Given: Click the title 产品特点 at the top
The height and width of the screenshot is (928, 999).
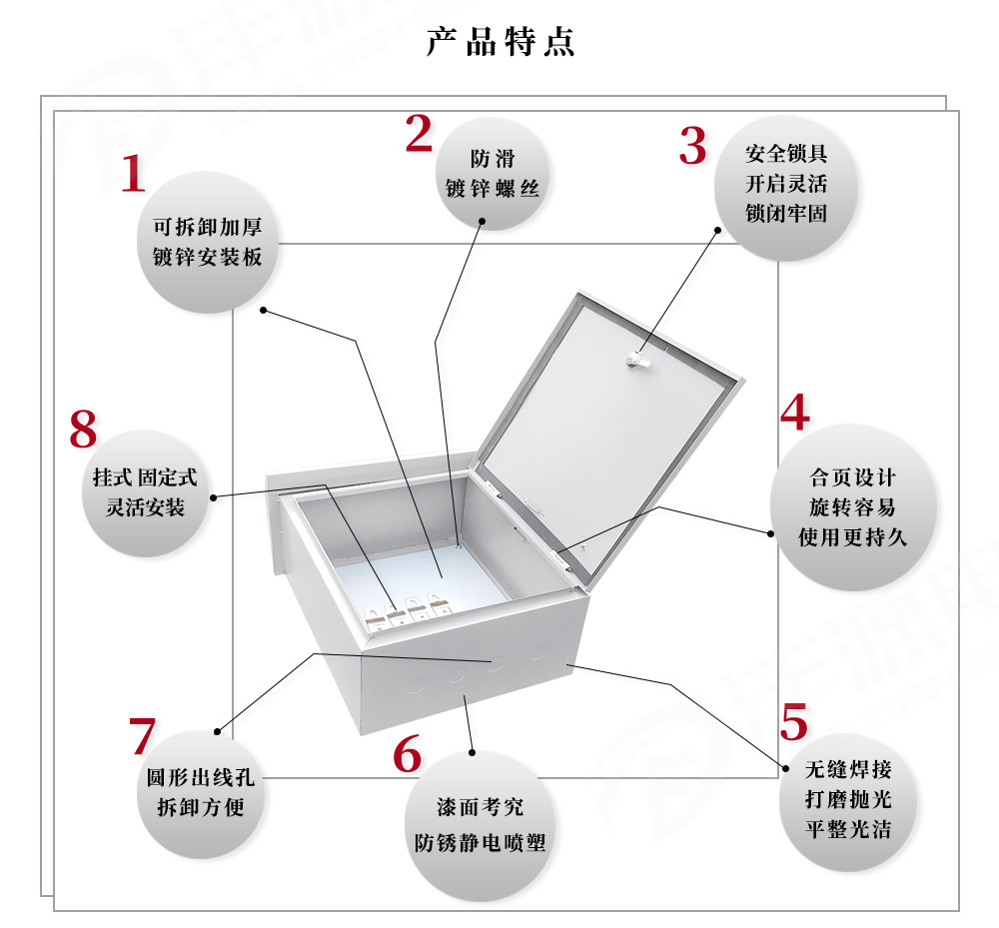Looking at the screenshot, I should (500, 43).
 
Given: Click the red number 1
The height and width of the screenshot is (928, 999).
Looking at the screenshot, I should (133, 174).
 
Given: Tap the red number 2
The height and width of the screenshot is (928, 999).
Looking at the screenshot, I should (419, 134).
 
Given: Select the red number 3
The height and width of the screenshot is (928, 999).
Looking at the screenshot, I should (692, 146).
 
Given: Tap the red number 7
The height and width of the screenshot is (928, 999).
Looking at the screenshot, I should (142, 736).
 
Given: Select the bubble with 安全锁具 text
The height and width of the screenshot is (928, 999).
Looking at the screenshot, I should (786, 185).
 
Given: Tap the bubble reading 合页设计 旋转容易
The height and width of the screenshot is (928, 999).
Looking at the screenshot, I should (852, 507).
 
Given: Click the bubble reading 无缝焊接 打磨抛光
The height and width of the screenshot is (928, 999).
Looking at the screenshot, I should (848, 799).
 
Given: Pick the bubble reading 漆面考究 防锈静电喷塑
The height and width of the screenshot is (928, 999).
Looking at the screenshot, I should (480, 825).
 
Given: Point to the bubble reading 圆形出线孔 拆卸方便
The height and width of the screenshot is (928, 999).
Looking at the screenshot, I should (200, 792).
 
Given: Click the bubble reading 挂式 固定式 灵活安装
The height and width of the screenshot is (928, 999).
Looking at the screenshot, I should (146, 493).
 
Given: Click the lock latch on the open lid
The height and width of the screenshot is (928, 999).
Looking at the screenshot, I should (637, 360).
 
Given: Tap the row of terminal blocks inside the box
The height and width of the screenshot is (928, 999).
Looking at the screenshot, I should (411, 610).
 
